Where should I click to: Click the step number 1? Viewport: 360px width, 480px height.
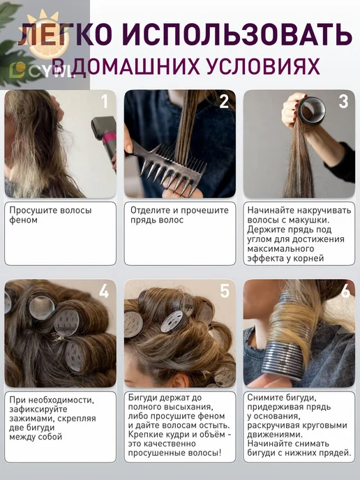tap(105, 101)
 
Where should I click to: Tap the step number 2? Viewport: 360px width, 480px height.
tap(224, 101)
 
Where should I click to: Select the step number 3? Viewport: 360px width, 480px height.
tap(343, 101)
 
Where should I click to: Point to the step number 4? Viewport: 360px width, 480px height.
tap(104, 291)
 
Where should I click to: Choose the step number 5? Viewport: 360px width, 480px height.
tap(225, 291)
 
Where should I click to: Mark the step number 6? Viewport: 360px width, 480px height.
tap(345, 291)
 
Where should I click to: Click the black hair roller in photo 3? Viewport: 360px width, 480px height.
tap(311, 111)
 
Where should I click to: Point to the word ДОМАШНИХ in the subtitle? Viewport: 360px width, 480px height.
tap(136, 66)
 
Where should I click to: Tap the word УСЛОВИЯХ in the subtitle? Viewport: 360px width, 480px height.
tap(263, 66)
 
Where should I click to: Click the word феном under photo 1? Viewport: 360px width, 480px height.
tap(23, 220)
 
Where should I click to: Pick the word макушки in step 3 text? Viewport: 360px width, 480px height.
tap(309, 220)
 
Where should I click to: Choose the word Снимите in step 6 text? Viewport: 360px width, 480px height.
tap(265, 398)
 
